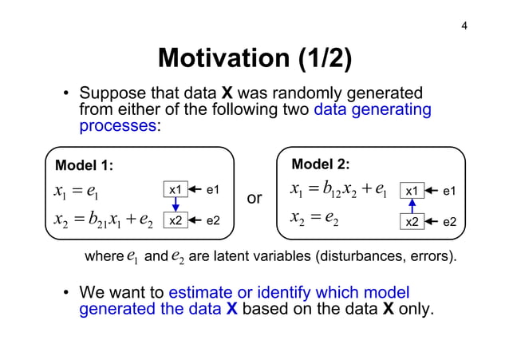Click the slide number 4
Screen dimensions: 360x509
[x=464, y=28]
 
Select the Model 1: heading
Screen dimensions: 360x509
[x=84, y=165]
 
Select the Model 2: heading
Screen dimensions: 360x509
[x=321, y=164]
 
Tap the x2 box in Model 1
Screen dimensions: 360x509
[x=176, y=220]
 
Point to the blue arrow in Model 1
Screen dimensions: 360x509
[x=176, y=206]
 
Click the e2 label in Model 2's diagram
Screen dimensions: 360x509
[x=449, y=221]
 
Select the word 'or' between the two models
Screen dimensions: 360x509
[x=255, y=197]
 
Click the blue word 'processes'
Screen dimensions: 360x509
[x=116, y=125]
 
